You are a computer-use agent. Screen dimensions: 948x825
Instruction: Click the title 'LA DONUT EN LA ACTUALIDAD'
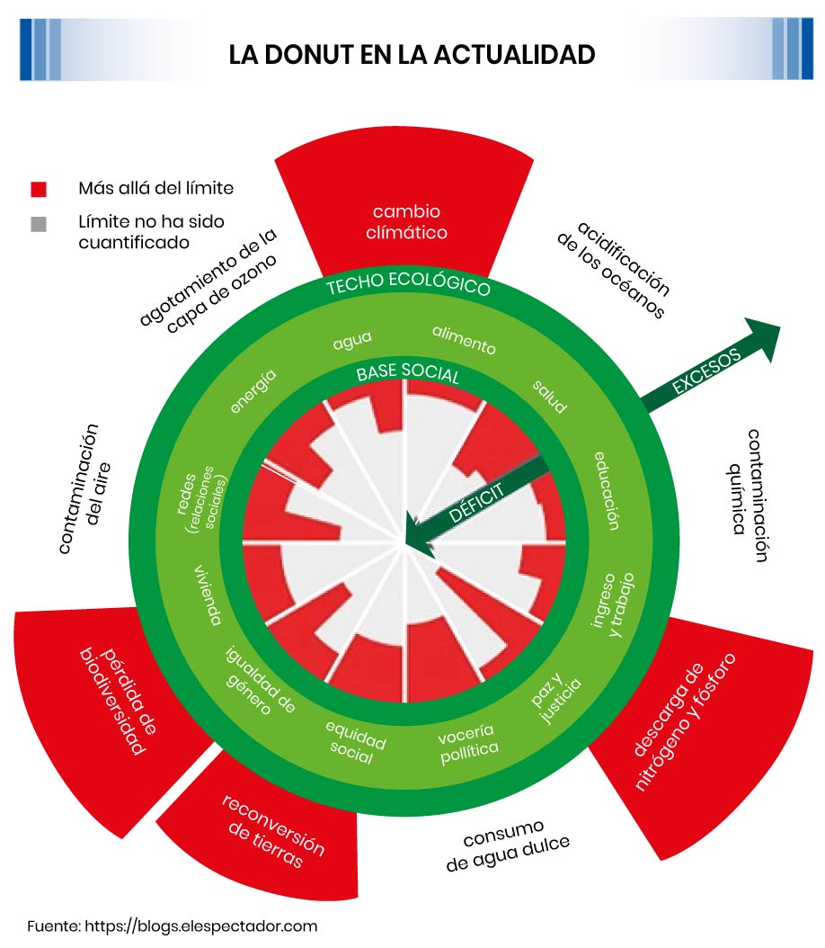pyautogui.click(x=412, y=54)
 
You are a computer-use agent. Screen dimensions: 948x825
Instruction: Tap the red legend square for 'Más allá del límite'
pyautogui.click(x=39, y=189)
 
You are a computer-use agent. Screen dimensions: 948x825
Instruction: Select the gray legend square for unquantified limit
pyautogui.click(x=39, y=224)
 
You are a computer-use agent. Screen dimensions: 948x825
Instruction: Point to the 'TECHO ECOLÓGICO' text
pyautogui.click(x=408, y=287)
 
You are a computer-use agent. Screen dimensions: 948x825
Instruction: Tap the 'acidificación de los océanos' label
pyautogui.click(x=611, y=269)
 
